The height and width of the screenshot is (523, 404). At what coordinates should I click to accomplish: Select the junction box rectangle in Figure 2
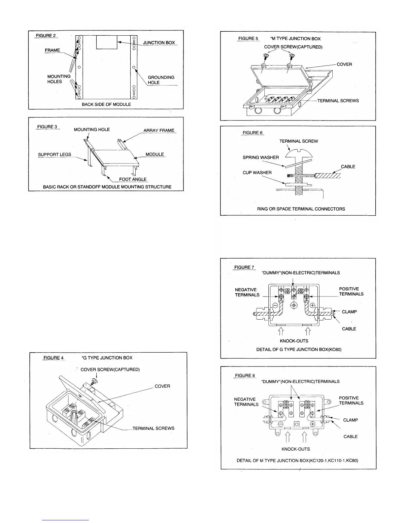click(x=107, y=42)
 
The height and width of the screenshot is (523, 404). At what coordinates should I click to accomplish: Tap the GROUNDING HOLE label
click(x=161, y=80)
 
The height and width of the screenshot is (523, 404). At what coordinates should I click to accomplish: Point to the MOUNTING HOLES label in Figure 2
click(x=59, y=79)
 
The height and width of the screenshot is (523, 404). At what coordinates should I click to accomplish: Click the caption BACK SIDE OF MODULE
click(x=106, y=104)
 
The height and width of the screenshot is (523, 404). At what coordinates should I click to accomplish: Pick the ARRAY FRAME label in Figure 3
click(x=159, y=130)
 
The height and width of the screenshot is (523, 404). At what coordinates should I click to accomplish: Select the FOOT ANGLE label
click(x=133, y=179)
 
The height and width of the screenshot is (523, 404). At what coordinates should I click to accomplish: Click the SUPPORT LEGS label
click(x=54, y=155)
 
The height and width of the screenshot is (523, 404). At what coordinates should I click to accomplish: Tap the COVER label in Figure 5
click(x=344, y=64)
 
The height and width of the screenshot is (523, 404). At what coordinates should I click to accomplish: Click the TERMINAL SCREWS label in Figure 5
click(x=338, y=101)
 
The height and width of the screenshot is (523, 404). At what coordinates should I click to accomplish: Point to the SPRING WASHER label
click(x=261, y=157)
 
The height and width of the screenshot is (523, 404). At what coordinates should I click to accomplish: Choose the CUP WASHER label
click(x=257, y=173)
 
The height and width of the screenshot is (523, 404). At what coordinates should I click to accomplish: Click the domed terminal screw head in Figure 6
click(x=299, y=153)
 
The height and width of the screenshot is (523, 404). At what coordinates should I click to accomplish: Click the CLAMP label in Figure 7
click(x=349, y=312)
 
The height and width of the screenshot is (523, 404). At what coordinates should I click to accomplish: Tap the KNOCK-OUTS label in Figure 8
click(x=295, y=449)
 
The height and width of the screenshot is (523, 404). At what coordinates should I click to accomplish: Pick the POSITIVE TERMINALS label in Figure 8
click(x=351, y=401)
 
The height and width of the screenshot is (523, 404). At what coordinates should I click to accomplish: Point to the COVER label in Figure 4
click(x=162, y=386)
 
